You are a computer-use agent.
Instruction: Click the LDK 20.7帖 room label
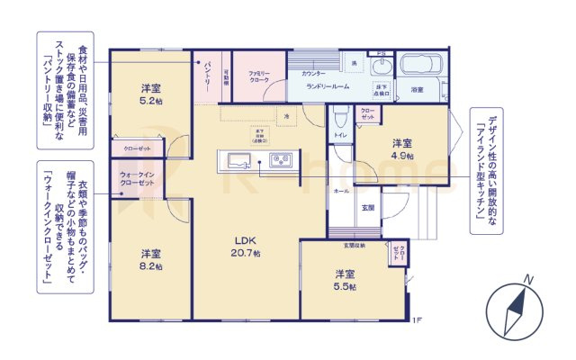[248, 246]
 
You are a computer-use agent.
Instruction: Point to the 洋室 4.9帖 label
[402, 148]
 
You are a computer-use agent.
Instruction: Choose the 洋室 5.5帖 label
[346, 279]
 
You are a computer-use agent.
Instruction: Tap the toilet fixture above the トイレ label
[340, 117]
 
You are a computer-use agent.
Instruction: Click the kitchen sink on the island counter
[239, 161]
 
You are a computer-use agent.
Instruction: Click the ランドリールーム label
[328, 86]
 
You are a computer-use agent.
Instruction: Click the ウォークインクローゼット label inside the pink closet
[137, 178]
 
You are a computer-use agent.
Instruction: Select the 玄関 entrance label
[368, 208]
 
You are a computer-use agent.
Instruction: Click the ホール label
[341, 192]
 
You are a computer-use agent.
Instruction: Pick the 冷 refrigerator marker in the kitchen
[286, 117]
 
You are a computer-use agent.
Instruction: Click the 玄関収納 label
[354, 245]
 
